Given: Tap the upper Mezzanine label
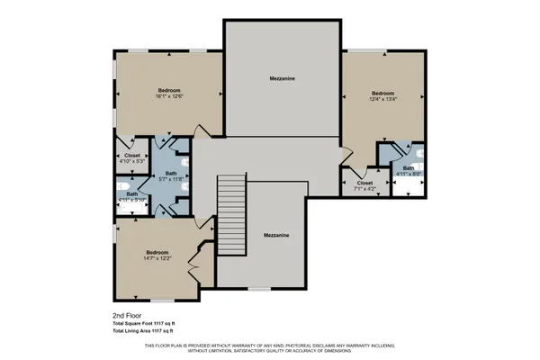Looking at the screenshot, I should (282, 78).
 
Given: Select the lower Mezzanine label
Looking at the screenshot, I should (276, 235).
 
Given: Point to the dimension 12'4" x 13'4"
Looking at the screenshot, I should (383, 99).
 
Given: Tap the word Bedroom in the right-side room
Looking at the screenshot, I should (383, 93).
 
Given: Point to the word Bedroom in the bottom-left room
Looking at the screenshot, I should (158, 252).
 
